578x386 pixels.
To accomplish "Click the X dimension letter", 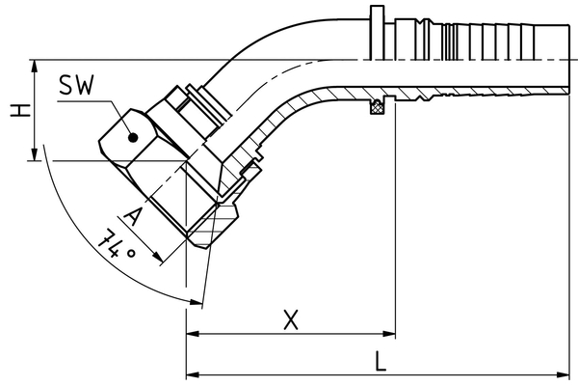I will coord(290,319).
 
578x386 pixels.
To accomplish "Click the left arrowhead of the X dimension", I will coord(191,335).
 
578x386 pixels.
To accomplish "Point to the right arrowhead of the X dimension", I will coord(389,335).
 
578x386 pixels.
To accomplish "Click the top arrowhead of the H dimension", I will coord(36,66).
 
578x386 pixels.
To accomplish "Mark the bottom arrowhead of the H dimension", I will coord(36,153).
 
